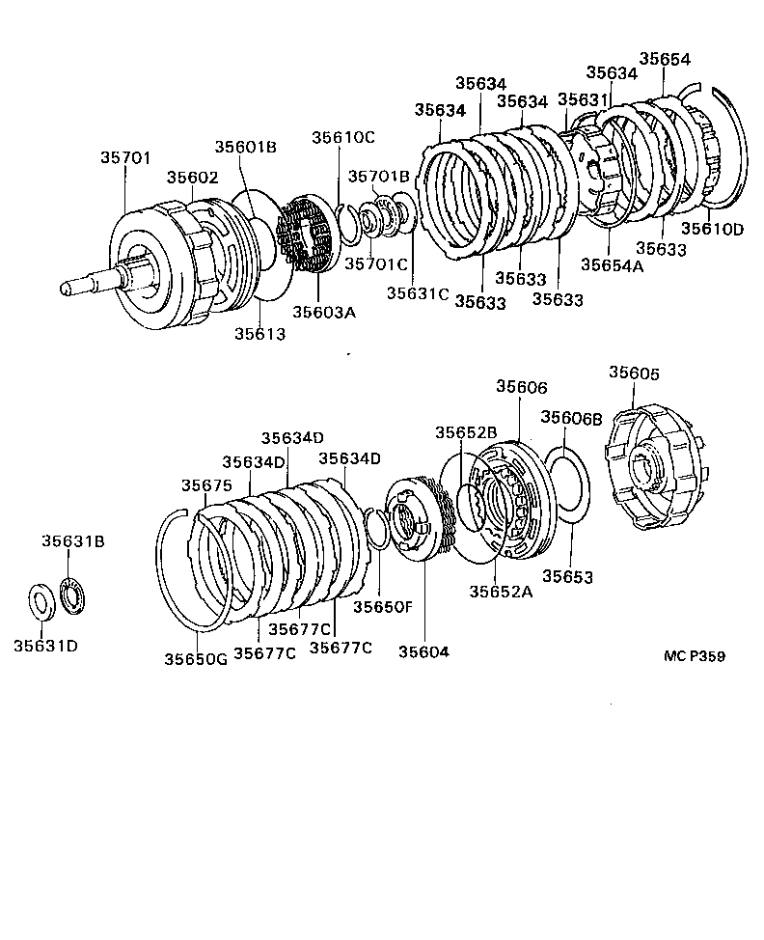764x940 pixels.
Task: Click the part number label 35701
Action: (x=125, y=158)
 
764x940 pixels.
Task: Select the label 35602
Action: (x=192, y=178)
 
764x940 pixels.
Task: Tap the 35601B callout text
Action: (x=245, y=147)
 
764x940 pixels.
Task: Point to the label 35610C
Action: (x=342, y=137)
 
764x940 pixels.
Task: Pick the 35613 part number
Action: (x=259, y=333)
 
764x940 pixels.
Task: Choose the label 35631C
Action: (x=418, y=292)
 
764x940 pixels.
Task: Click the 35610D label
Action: (x=713, y=229)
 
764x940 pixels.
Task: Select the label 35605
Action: (x=634, y=373)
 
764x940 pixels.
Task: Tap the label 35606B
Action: (x=571, y=418)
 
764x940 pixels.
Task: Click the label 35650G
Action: (x=195, y=659)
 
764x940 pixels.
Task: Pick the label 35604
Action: (x=423, y=651)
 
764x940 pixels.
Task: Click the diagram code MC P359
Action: (x=695, y=656)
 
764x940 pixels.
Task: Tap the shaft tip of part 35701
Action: (x=68, y=287)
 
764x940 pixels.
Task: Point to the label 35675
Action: (x=207, y=485)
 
